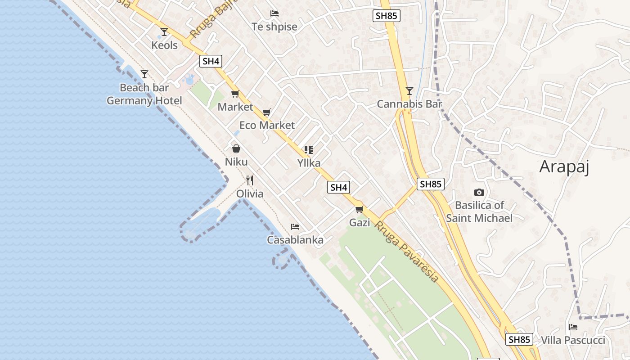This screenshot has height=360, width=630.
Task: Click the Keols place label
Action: tap(164, 45)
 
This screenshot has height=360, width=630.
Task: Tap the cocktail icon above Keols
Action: tap(164, 31)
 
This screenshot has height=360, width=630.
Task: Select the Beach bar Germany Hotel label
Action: tap(144, 94)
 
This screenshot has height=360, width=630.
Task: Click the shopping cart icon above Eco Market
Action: tap(267, 112)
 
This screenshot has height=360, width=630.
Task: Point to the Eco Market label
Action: tap(267, 125)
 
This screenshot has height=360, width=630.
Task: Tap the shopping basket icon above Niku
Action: tap(236, 148)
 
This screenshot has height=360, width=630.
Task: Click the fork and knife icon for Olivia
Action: tap(250, 180)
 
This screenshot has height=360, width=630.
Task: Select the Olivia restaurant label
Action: tap(250, 194)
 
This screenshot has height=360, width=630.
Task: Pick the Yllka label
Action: tap(309, 163)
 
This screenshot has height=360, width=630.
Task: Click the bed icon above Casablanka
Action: tap(295, 226)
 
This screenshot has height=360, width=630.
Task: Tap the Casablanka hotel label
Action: tap(295, 240)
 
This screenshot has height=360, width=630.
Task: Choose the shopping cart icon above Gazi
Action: tap(359, 209)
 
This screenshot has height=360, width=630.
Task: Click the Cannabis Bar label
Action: tap(409, 104)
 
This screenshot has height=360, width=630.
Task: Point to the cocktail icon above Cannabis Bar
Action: tap(409, 91)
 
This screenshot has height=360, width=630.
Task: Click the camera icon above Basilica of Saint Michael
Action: tap(479, 192)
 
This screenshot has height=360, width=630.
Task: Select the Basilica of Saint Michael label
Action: tap(479, 211)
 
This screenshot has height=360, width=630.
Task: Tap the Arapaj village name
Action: tap(564, 167)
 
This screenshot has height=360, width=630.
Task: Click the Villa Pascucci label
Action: tap(573, 340)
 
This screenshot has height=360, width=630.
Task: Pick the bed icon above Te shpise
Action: tap(274, 13)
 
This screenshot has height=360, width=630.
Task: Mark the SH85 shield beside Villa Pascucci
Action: tap(519, 339)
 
